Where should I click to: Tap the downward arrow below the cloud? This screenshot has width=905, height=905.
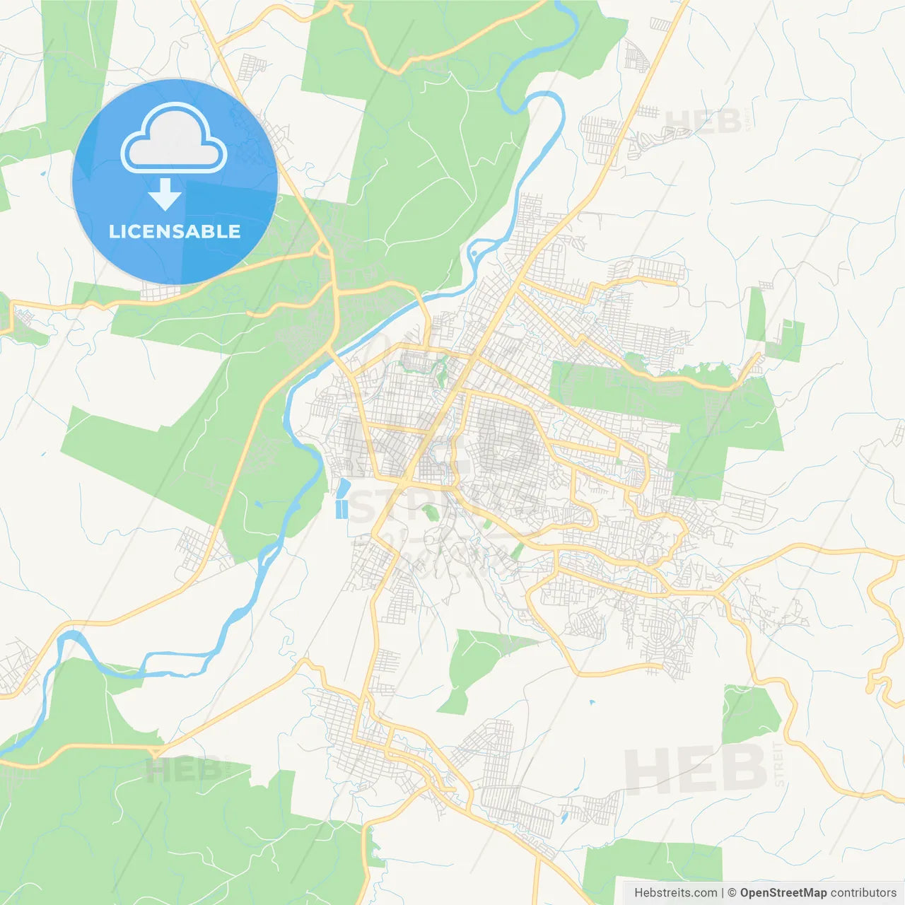(x=165, y=194)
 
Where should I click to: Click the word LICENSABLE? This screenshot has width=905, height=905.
(x=175, y=231)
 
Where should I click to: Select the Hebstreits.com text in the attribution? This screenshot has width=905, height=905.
(x=675, y=893)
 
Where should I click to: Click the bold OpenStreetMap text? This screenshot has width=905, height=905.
(x=783, y=893)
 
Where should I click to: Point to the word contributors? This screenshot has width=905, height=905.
(x=863, y=893)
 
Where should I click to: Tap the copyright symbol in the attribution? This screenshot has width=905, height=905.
(x=732, y=893)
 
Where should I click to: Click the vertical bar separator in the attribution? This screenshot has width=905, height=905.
(x=723, y=893)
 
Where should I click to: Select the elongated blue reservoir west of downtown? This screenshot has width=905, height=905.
(x=344, y=488)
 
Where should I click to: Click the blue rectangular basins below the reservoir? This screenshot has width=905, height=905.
(x=342, y=509)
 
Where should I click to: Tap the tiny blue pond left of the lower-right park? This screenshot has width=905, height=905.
(x=591, y=703)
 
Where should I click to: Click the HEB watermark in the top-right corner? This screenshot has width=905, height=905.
(x=703, y=122)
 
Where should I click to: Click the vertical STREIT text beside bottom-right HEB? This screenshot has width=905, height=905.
(x=779, y=764)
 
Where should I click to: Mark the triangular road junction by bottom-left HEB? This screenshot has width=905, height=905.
(x=157, y=752)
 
